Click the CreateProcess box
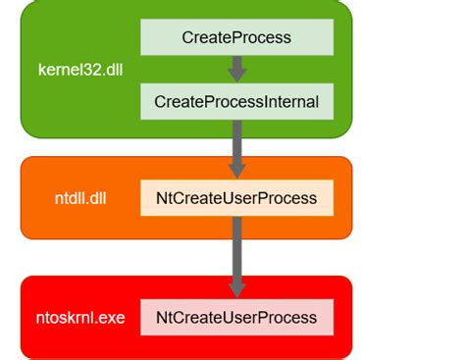[236, 37]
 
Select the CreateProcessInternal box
[236, 100]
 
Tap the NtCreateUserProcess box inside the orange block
[236, 198]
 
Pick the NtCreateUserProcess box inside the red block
[236, 318]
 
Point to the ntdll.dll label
[80, 198]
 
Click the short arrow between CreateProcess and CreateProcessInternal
[236, 68]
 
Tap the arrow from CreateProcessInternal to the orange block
[236, 146]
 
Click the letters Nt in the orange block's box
[164, 198]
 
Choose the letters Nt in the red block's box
[164, 318]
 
